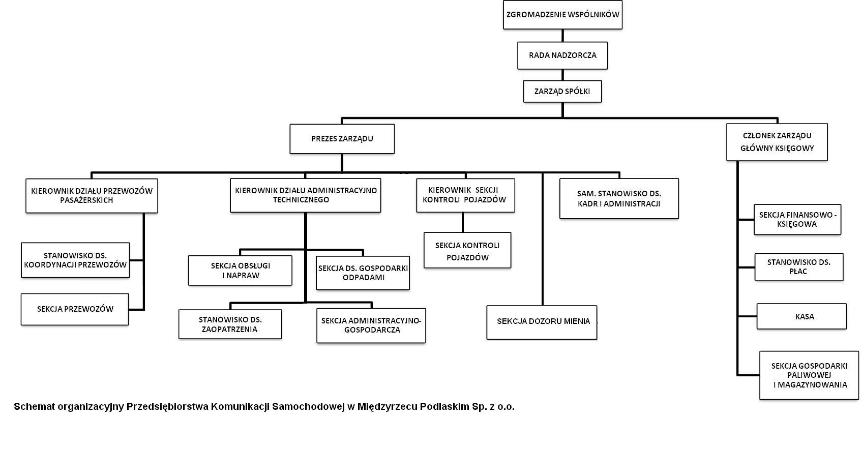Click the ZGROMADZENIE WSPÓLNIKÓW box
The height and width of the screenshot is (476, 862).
tap(562, 15)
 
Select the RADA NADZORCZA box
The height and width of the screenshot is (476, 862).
tap(562, 55)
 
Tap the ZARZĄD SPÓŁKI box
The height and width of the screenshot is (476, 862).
tap(562, 91)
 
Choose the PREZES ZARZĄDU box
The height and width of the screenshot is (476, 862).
tap(342, 139)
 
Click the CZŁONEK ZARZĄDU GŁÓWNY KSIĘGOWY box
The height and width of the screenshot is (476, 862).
tap(777, 142)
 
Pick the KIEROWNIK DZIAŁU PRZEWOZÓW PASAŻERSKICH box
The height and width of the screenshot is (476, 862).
tap(92, 195)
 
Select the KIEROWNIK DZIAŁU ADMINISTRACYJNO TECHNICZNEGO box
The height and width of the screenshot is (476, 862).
tap(306, 195)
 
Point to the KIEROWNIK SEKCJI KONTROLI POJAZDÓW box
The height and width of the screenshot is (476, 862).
tap(466, 195)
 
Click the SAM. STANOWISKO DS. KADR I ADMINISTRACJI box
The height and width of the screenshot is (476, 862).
tap(619, 198)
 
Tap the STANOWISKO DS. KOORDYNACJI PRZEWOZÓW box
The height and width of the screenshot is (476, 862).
tap(75, 260)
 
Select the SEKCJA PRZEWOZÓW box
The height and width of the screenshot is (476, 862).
tap(75, 309)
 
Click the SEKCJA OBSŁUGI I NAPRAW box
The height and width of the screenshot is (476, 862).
tap(240, 271)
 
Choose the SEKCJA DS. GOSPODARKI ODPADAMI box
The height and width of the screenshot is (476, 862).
tap(363, 273)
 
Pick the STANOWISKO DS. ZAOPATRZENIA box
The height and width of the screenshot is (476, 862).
tap(230, 324)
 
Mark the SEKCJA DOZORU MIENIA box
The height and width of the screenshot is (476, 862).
tap(542, 322)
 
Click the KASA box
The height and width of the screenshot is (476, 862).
tap(801, 316)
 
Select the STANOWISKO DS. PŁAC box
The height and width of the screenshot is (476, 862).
tap(799, 267)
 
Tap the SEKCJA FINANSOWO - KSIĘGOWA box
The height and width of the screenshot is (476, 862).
tap(797, 219)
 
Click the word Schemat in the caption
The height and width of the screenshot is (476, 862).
tap(34, 407)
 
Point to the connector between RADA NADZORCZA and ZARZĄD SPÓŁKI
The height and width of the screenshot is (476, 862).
tap(562, 75)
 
